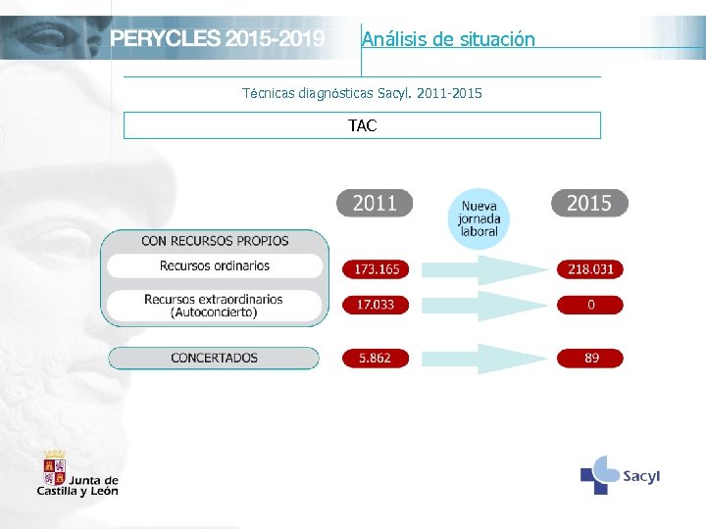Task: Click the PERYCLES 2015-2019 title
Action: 217,39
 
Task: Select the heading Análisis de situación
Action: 448,39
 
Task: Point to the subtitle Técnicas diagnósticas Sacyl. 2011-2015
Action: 362,93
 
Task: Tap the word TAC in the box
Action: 362,125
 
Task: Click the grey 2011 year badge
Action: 375,203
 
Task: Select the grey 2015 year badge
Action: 589,203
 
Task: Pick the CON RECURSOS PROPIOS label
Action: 215,241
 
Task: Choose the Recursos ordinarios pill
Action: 215,265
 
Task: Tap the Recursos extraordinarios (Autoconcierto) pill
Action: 214,306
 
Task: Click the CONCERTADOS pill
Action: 214,358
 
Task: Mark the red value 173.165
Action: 377,268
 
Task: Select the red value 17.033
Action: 376,305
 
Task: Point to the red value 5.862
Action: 376,358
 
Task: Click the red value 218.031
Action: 590,268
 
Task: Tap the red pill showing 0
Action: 590,305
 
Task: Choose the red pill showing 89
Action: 590,358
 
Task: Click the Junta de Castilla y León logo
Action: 77,473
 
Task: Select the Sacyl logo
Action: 620,475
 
